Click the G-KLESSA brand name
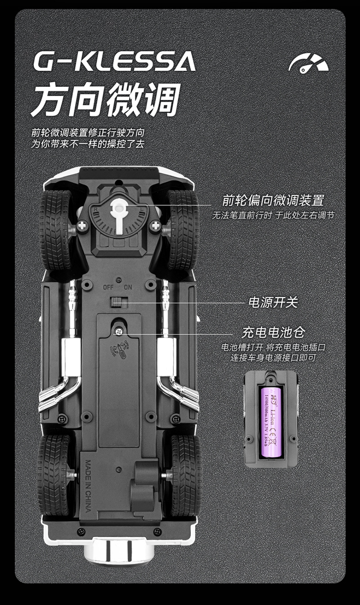114,62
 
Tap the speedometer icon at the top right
308,64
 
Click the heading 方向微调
106,99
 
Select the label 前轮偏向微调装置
273,200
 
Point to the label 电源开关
273,302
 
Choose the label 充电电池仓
273,333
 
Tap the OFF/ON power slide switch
119,302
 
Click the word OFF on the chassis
108,287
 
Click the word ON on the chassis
128,287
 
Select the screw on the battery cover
118,332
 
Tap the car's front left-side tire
55,230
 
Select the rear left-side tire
54,475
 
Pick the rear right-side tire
185,475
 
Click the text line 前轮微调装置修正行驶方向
88,133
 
